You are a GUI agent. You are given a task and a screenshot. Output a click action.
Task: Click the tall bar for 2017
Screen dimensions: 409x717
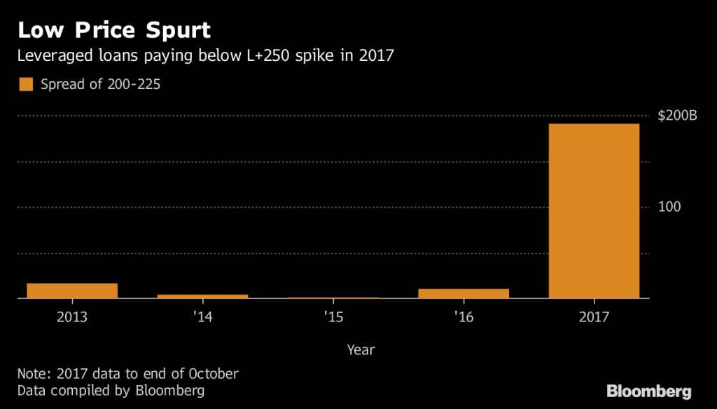click(594, 211)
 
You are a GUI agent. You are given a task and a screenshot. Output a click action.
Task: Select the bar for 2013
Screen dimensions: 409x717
click(72, 291)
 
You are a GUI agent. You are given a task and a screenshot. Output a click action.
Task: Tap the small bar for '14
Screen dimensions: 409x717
click(202, 296)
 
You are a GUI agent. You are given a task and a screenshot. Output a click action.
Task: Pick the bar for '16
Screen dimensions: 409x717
click(464, 293)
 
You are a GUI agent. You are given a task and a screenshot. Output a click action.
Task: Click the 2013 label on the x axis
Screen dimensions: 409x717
click(72, 317)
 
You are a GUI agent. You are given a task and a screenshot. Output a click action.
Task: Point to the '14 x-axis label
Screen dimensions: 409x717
click(202, 317)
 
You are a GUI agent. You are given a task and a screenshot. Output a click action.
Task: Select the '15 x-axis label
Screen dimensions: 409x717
click(333, 317)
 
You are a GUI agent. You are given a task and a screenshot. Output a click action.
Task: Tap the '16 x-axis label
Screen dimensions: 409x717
click(464, 317)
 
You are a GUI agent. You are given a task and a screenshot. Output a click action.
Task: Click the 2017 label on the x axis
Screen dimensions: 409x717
click(594, 317)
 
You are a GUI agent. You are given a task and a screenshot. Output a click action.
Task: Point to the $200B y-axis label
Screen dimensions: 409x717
click(677, 116)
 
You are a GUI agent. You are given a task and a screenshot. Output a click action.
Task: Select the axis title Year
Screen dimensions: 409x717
click(361, 349)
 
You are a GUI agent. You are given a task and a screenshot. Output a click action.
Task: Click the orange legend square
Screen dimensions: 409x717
click(26, 85)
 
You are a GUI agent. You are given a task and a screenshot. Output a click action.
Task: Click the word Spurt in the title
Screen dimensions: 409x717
click(174, 32)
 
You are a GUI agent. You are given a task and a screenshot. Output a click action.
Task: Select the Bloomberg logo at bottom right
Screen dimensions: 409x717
click(648, 391)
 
